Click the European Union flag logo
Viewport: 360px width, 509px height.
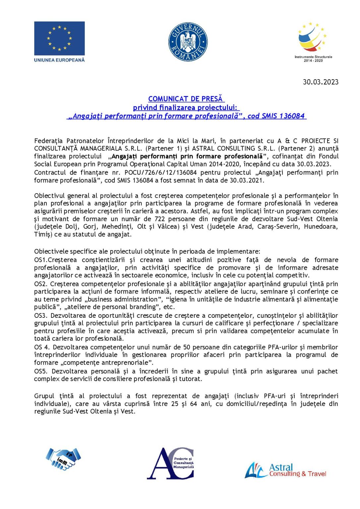[x=59, y=38]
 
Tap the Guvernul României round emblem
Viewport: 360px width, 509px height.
[x=188, y=42]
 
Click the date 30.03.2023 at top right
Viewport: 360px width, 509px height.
[x=321, y=82]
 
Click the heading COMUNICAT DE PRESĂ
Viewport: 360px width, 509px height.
[x=186, y=99]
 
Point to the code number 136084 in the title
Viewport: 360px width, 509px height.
[x=292, y=116]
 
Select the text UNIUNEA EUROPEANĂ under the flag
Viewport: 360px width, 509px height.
[x=59, y=60]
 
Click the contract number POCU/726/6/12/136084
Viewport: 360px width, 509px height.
[x=160, y=173]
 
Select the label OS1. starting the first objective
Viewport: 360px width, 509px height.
[x=41, y=260]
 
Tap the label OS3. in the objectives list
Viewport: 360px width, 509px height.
[x=41, y=315]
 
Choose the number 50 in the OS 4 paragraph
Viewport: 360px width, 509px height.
[x=187, y=347]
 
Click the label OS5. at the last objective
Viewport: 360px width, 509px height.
[x=41, y=371]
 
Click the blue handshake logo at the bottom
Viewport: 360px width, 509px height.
[x=63, y=459]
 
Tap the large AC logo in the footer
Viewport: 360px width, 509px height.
[x=170, y=463]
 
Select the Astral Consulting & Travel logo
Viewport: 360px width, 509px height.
[x=285, y=470]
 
